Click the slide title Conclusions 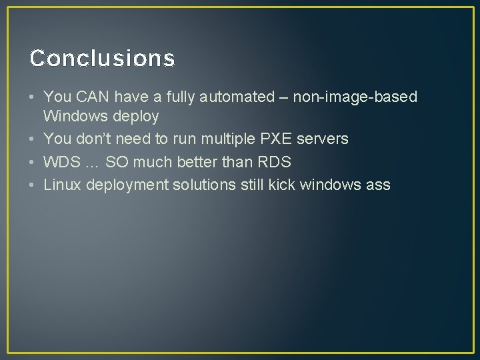pyautogui.click(x=102, y=59)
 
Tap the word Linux pyautogui.click(x=62, y=185)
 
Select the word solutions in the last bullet pyautogui.click(x=205, y=185)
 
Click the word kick pyautogui.click(x=283, y=185)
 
